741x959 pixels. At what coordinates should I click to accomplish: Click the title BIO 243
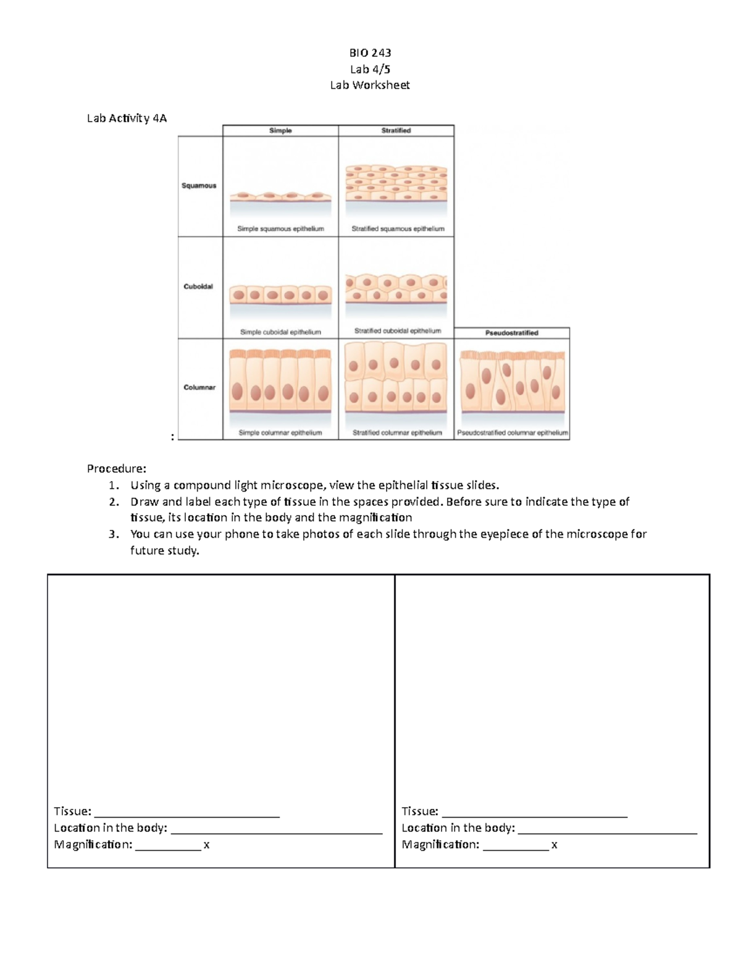click(370, 52)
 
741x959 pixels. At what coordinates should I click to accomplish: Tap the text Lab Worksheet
click(369, 85)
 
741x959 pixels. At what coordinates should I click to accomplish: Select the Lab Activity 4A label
click(127, 118)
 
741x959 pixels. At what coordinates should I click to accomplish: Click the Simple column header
click(280, 130)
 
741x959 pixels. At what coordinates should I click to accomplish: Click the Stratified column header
click(396, 130)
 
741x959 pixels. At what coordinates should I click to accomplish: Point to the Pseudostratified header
click(511, 333)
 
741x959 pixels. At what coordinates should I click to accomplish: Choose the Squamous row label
click(199, 185)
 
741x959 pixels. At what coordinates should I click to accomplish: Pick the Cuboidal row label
click(198, 287)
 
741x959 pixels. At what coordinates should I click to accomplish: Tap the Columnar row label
click(199, 387)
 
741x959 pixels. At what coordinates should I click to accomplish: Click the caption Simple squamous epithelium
click(280, 228)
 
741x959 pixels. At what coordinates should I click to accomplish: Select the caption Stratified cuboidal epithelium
click(398, 331)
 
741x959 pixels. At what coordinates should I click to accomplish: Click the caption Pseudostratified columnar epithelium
click(512, 433)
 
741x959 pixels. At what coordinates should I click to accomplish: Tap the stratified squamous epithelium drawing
click(396, 183)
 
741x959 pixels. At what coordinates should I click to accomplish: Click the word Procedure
click(116, 469)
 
